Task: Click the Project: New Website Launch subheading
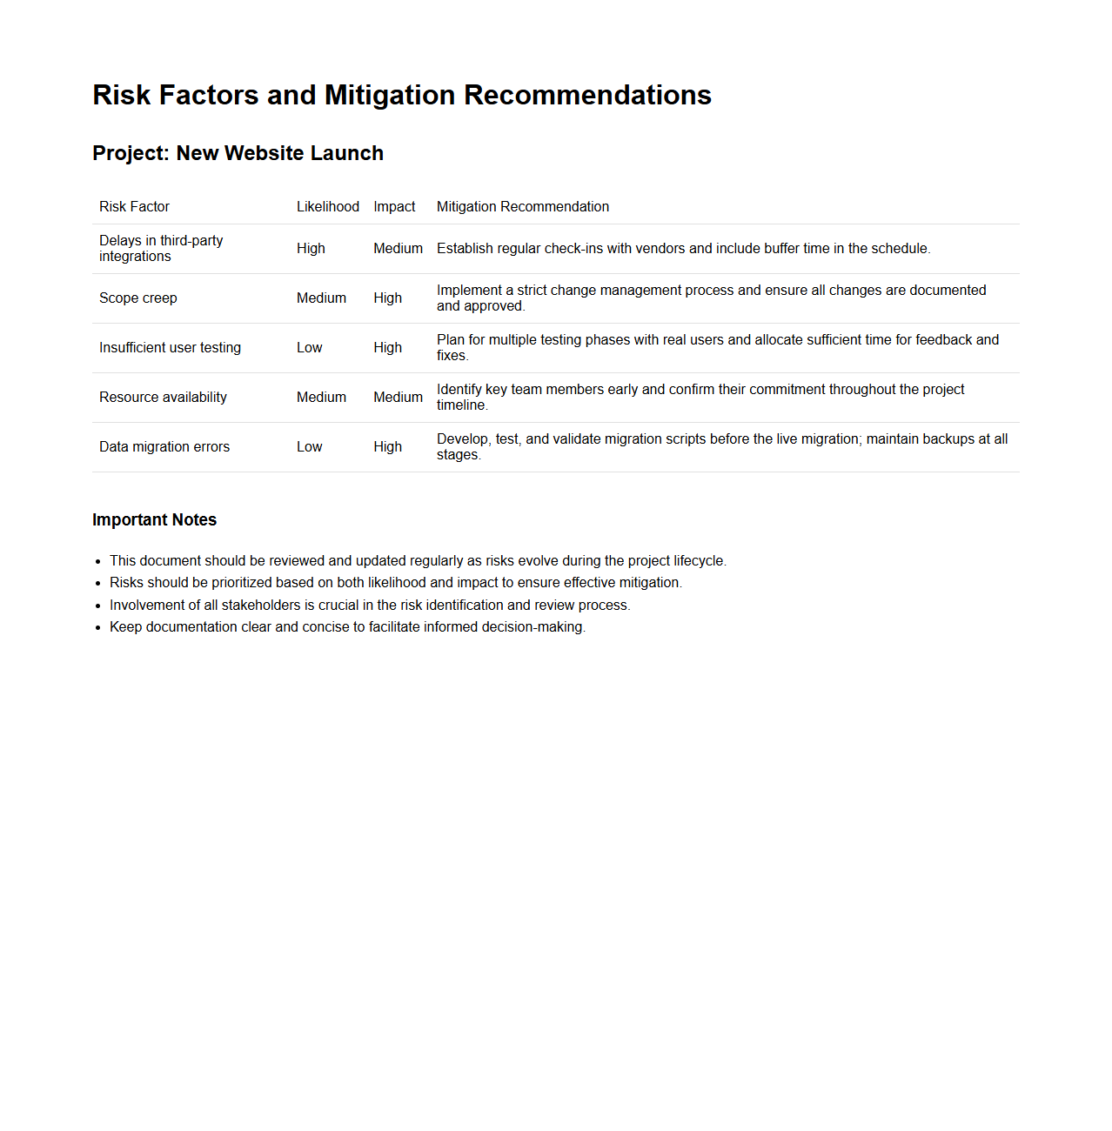tap(238, 153)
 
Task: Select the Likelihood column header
tap(327, 206)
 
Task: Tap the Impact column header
tap(394, 206)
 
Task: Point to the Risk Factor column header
tap(134, 206)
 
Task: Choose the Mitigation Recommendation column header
tap(522, 206)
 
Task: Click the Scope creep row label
tap(137, 298)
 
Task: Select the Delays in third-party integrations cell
tap(161, 248)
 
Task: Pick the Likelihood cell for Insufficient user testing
tap(309, 347)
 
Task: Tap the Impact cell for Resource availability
tap(398, 397)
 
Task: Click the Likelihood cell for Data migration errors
tap(309, 446)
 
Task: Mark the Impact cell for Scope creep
tap(387, 298)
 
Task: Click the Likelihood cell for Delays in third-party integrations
tap(311, 248)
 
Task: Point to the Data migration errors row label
tap(164, 446)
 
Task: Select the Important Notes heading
tap(154, 519)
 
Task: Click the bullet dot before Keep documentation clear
tap(98, 627)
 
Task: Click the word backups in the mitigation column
tap(948, 438)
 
